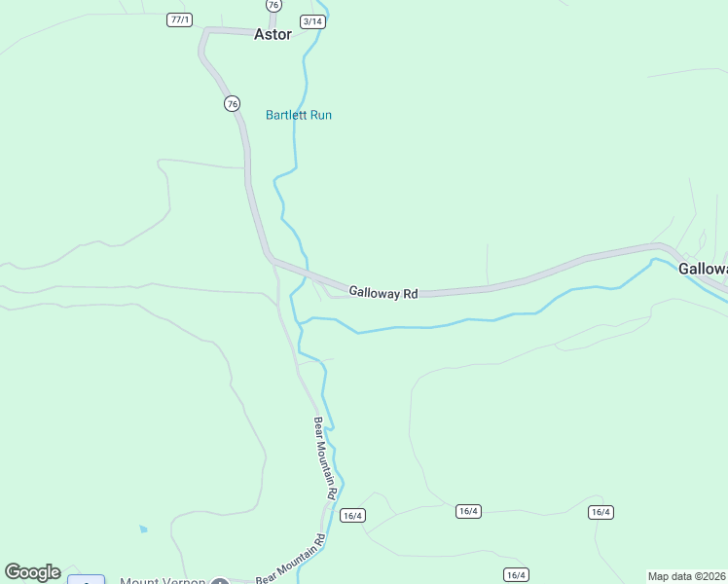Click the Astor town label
click(273, 34)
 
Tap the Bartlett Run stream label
click(299, 115)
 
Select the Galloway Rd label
click(382, 292)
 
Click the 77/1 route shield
click(179, 19)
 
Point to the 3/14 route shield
click(312, 20)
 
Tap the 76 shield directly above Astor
click(273, 5)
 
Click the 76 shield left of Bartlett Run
click(231, 103)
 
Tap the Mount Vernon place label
click(163, 581)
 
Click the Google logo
click(32, 572)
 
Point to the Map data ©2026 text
click(687, 576)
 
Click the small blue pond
click(143, 529)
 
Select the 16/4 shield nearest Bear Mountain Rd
click(352, 516)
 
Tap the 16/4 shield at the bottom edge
click(515, 574)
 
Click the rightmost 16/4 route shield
click(601, 512)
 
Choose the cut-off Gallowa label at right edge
click(703, 269)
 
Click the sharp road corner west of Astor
click(204, 32)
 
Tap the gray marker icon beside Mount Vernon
click(220, 582)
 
